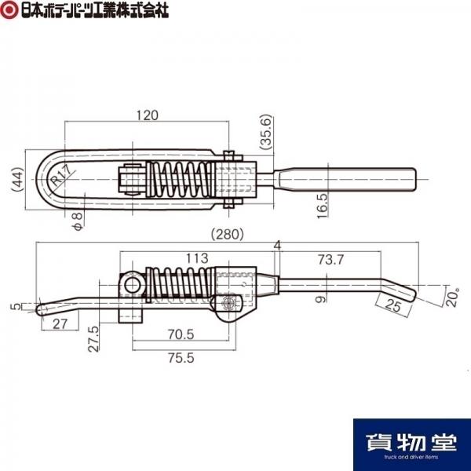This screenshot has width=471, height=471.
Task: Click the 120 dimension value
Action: tap(148, 115)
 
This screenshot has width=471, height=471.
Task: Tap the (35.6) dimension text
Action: tap(266, 132)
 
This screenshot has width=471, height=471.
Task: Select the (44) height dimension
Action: tap(17, 179)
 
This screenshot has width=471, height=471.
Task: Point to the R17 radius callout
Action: tap(61, 176)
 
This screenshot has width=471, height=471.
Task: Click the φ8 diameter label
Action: tap(78, 221)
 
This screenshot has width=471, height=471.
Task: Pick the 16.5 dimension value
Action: tap(323, 206)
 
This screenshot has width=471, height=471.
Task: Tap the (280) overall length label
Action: tap(227, 234)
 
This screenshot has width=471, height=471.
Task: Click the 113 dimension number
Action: tap(197, 258)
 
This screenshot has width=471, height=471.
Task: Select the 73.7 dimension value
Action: tap(330, 260)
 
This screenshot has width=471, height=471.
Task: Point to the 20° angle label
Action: tap(452, 297)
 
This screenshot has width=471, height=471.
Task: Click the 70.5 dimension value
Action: tap(181, 334)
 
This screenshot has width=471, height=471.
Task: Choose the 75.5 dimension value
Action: tap(181, 358)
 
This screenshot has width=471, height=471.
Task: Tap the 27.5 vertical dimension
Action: tap(93, 338)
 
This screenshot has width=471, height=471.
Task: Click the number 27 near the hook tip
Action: tap(60, 323)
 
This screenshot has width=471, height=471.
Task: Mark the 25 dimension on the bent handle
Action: tap(393, 305)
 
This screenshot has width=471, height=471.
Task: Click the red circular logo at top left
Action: tap(9, 9)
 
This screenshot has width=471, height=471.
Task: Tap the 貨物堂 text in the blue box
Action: tap(411, 442)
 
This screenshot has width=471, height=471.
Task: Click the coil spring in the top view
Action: tap(181, 179)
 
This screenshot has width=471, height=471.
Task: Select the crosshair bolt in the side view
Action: tap(228, 303)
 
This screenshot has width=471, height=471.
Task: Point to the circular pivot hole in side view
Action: tap(132, 285)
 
